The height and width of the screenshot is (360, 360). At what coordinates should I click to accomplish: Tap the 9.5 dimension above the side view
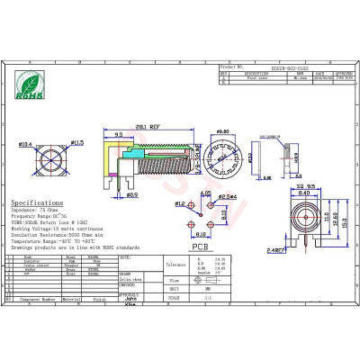119,135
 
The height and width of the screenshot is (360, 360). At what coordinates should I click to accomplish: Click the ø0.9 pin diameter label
131,194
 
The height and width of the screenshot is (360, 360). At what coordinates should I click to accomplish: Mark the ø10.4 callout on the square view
24,144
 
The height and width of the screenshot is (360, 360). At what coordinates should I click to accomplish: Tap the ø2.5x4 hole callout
229,195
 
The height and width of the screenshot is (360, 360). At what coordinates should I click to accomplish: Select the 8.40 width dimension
305,193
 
